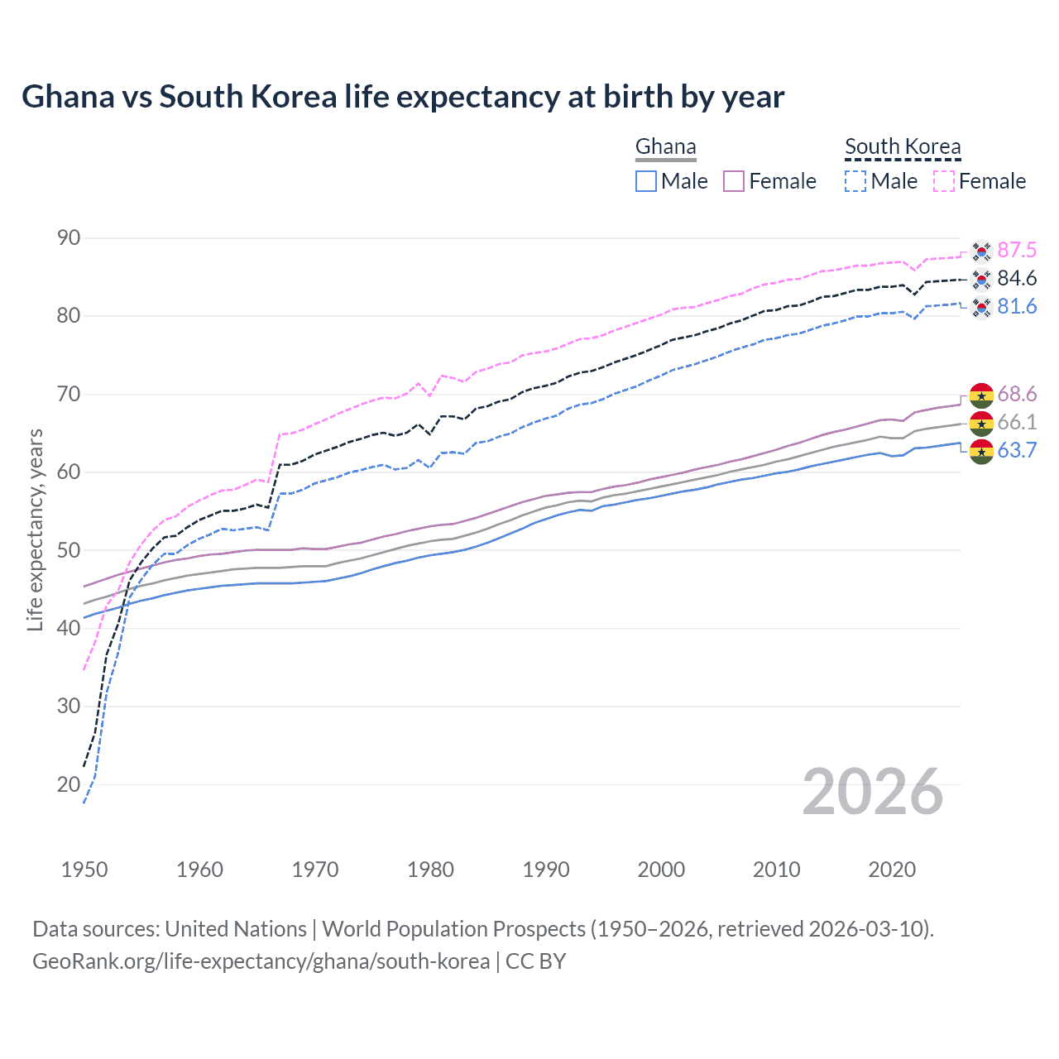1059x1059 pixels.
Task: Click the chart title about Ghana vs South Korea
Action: (x=403, y=97)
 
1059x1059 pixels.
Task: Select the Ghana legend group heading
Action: (x=665, y=147)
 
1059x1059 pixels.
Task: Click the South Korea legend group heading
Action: (x=903, y=147)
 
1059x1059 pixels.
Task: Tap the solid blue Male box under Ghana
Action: (x=646, y=181)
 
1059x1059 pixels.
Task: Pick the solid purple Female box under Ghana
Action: (x=734, y=181)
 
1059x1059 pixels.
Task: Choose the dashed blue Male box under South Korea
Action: (x=855, y=181)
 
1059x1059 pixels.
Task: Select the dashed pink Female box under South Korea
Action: (x=944, y=181)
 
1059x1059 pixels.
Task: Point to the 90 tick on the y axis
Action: (x=69, y=238)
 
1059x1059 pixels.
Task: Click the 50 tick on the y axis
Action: (x=69, y=550)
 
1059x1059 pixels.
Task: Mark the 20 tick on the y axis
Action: (x=69, y=784)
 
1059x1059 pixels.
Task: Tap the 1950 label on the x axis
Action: (x=84, y=870)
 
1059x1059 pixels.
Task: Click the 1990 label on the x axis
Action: (x=546, y=870)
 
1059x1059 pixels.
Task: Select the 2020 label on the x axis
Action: (x=892, y=870)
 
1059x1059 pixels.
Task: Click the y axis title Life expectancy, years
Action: (x=36, y=529)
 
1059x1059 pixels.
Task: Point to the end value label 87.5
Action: (x=1017, y=251)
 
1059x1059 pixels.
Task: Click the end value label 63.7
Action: (x=1017, y=451)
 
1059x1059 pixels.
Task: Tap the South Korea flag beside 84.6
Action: (x=981, y=279)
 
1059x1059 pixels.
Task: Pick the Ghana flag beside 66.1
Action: (x=981, y=423)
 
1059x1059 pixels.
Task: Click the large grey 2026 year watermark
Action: (x=873, y=792)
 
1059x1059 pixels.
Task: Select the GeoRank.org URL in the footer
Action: (x=261, y=961)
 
